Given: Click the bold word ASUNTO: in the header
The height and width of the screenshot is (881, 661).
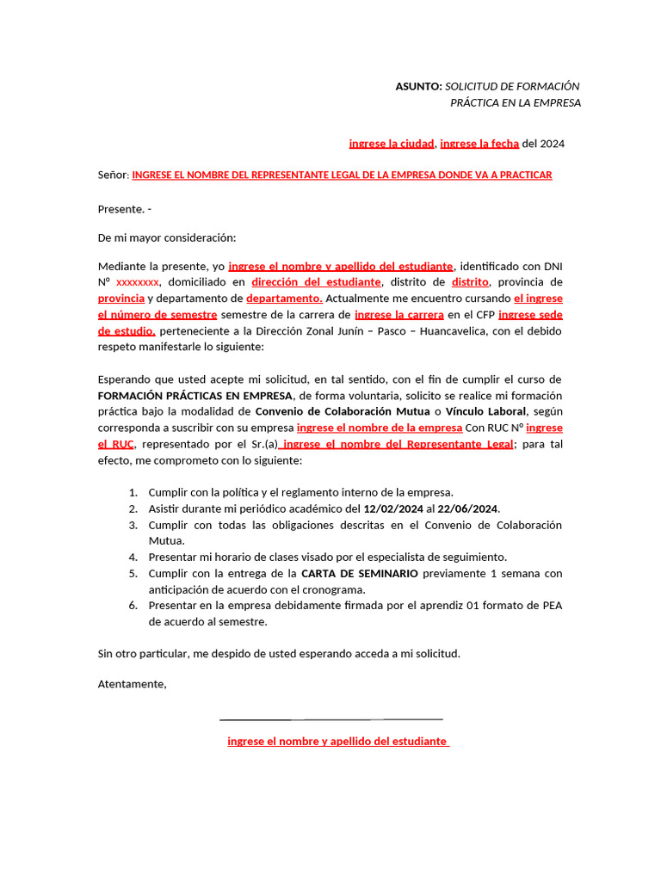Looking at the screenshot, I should coord(418,86).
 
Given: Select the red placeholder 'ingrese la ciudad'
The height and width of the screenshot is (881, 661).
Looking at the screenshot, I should coord(392,144).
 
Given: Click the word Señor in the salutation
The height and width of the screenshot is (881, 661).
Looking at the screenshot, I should coord(113,175).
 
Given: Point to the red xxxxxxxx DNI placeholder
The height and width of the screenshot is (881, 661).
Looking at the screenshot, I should coord(137,282).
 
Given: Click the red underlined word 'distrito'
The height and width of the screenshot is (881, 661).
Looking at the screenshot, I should coord(470,282).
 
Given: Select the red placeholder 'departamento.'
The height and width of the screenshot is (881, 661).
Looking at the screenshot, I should coord(284,299).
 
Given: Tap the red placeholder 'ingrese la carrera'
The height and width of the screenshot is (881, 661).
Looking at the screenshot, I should coord(399,315).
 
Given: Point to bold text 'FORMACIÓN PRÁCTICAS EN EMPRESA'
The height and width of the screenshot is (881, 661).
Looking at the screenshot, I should coord(195,396).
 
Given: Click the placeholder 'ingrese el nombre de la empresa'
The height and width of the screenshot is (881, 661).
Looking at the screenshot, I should coord(380,428).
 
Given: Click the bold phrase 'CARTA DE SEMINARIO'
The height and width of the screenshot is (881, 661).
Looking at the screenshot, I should coord(360,573).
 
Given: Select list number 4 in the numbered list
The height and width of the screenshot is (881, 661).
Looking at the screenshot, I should coord(133,557).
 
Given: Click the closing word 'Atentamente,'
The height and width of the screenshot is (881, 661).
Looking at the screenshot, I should coord(133,685).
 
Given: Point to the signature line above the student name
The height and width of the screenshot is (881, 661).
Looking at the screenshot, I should coord(331,718).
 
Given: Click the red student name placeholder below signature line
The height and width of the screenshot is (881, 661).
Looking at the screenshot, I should coord(337,741).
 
